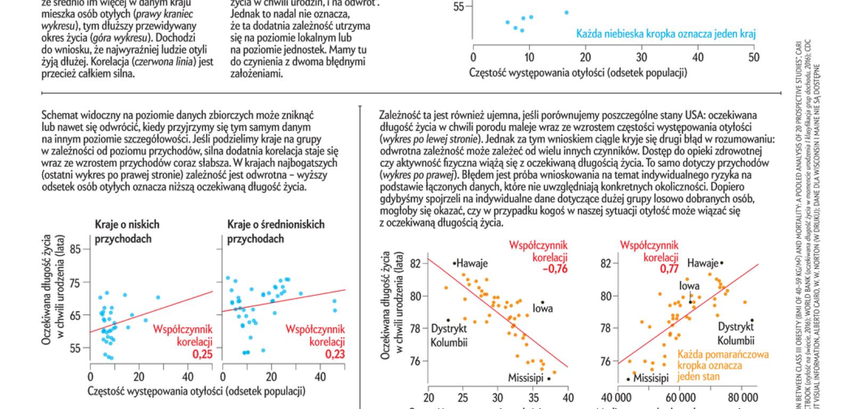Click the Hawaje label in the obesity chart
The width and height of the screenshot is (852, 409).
click(x=472, y=263)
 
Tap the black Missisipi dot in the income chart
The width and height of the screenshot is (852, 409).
click(x=628, y=379)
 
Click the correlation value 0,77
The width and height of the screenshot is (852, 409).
click(x=669, y=269)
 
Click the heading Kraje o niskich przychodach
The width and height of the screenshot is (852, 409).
click(x=127, y=232)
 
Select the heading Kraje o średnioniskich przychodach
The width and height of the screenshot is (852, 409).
click(x=276, y=232)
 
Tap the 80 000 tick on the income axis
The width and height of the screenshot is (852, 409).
click(x=742, y=397)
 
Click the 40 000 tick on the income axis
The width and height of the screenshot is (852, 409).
click(x=616, y=397)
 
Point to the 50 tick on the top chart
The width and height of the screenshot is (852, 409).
click(x=753, y=58)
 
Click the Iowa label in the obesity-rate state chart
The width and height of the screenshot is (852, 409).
click(x=543, y=308)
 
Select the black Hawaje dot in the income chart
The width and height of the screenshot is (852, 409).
click(x=722, y=263)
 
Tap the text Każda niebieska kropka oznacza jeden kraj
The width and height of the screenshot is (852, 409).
click(x=666, y=34)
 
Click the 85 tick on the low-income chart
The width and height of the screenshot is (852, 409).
click(x=75, y=249)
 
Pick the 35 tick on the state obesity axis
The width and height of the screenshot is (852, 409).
click(x=533, y=397)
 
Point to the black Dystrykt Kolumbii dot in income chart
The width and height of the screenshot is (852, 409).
click(x=752, y=320)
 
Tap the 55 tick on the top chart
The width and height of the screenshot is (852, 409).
click(x=458, y=7)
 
